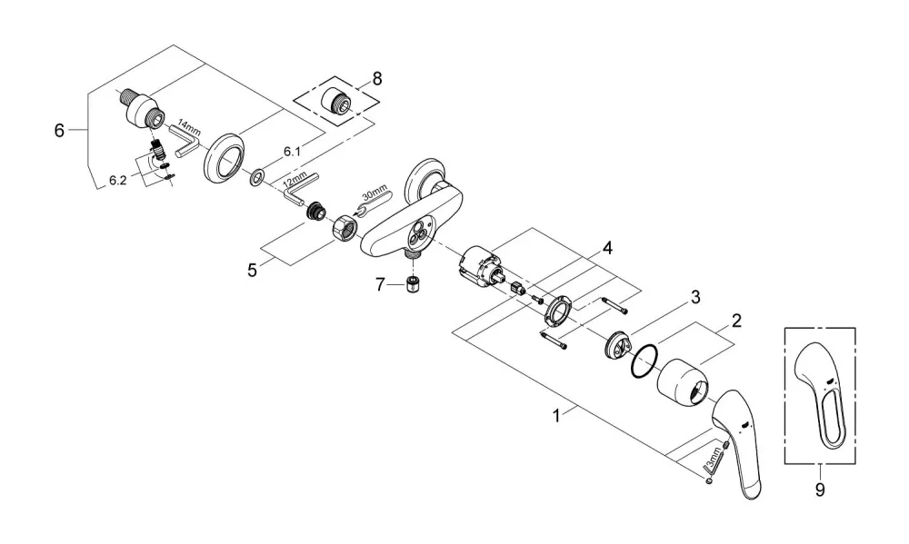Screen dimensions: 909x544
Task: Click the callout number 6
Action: tap(59, 131)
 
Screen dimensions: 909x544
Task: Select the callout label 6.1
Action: tap(292, 152)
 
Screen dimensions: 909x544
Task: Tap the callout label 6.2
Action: tap(117, 181)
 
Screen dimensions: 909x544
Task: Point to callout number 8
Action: tap(377, 79)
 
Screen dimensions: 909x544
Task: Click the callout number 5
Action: tap(252, 270)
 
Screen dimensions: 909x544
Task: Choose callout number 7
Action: tap(380, 284)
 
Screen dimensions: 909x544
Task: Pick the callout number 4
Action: tap(607, 249)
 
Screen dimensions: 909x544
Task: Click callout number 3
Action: tap(695, 298)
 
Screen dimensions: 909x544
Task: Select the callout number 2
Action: tap(736, 321)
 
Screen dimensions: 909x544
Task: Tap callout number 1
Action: tap(556, 416)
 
